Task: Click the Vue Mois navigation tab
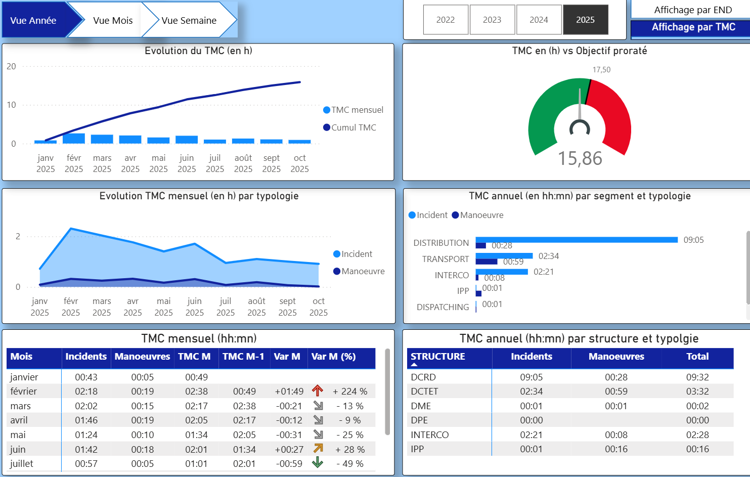pos(112,20)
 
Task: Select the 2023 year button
pos(492,20)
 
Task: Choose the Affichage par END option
pos(692,10)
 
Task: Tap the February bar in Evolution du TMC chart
pos(74,138)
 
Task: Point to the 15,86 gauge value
pos(580,158)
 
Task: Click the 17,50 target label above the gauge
pos(601,70)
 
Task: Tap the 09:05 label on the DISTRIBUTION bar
pos(693,240)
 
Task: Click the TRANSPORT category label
pos(446,259)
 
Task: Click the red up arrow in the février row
pos(318,391)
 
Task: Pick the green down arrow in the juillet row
pos(318,462)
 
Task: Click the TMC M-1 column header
pos(243,357)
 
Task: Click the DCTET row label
pos(424,391)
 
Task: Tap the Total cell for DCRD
pos(697,377)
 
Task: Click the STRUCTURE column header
pos(437,357)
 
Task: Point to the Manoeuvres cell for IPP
pos(616,449)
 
